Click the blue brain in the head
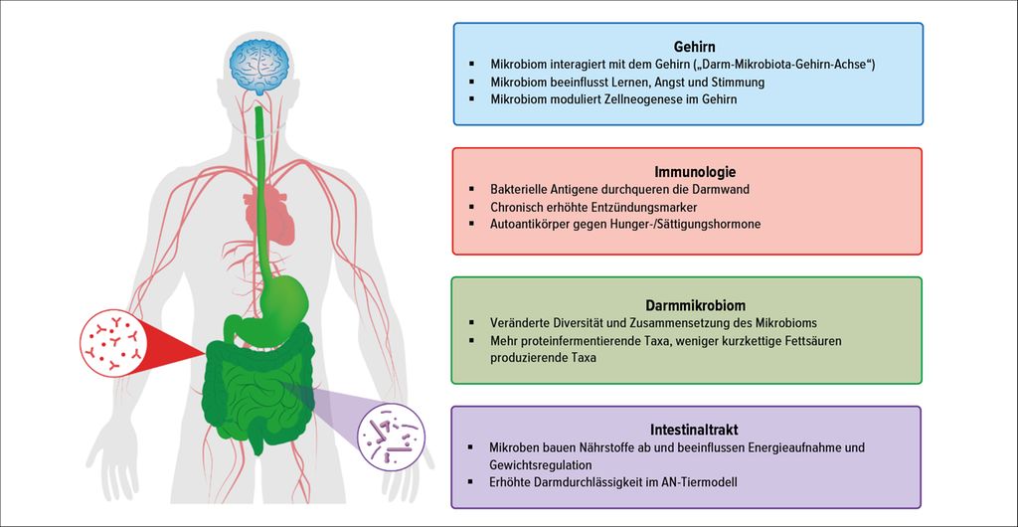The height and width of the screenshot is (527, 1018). [x=259, y=69]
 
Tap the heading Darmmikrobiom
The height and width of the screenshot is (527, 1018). [x=686, y=303]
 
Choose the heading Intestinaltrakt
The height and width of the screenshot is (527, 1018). [x=686, y=430]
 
